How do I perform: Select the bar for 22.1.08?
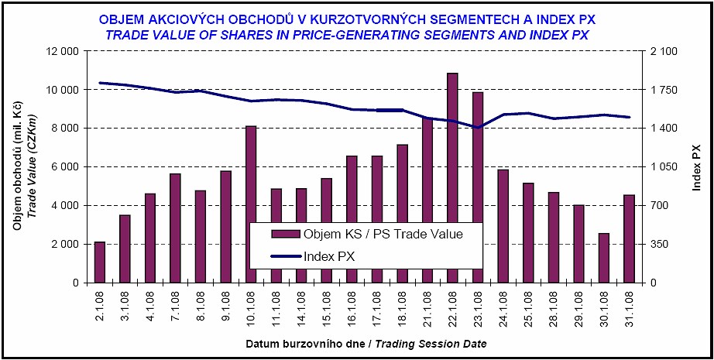(452, 178)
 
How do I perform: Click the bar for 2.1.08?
(99, 262)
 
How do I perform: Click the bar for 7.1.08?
(175, 228)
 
